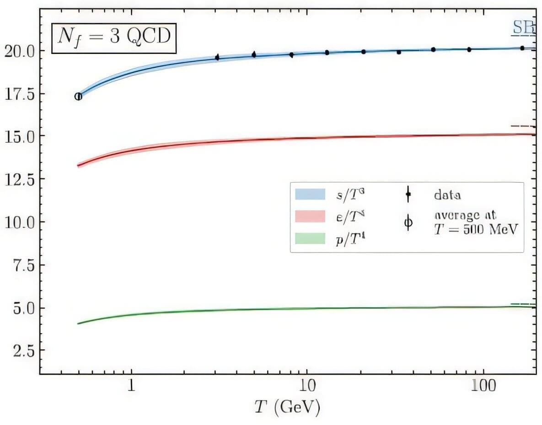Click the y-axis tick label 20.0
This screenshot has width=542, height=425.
click(x=19, y=51)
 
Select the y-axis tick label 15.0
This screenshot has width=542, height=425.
click(x=19, y=136)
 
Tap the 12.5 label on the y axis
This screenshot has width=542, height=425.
click(x=19, y=180)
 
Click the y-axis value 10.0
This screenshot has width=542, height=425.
click(x=19, y=223)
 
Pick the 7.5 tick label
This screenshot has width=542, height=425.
click(x=23, y=266)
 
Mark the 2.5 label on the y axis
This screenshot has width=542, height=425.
click(x=23, y=351)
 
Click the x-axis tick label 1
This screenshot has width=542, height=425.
click(x=131, y=387)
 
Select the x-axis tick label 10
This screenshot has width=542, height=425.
click(x=306, y=387)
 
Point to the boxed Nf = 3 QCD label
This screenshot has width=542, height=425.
click(x=113, y=36)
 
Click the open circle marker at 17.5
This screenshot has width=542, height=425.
click(x=78, y=96)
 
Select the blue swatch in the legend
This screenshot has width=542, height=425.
click(x=310, y=194)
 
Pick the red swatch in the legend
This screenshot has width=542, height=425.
click(x=310, y=216)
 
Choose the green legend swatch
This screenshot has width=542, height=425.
click(x=310, y=238)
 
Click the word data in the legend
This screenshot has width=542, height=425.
click(x=447, y=195)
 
